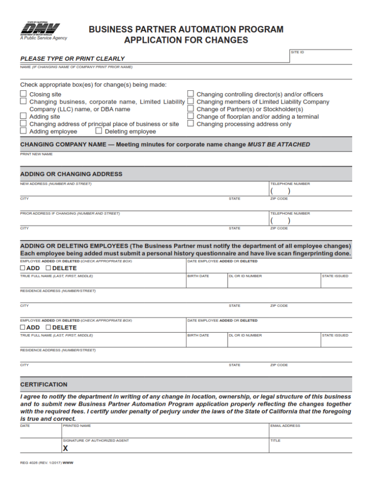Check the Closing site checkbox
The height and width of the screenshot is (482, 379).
[x=23, y=94]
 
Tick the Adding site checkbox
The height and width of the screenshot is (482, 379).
[x=23, y=116]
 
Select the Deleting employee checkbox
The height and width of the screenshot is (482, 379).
[x=99, y=131]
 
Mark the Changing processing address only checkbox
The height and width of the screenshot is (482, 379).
[x=190, y=124]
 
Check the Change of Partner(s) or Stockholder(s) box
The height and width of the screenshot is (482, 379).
[x=190, y=109]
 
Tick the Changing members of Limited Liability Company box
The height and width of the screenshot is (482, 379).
[x=190, y=101]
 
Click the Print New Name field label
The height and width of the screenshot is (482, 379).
[x=36, y=154]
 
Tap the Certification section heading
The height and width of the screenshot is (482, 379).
[x=44, y=385]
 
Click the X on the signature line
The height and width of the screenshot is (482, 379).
[x=65, y=449]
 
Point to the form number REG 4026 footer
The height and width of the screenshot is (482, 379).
[x=47, y=463]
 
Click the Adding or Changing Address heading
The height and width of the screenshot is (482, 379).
[x=71, y=174]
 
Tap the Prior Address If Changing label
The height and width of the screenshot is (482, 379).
[x=70, y=214]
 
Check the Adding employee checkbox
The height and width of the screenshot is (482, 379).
[x=23, y=131]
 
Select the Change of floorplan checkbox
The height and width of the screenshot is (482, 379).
[x=190, y=116]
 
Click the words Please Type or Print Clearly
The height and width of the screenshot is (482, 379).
[x=72, y=59]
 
